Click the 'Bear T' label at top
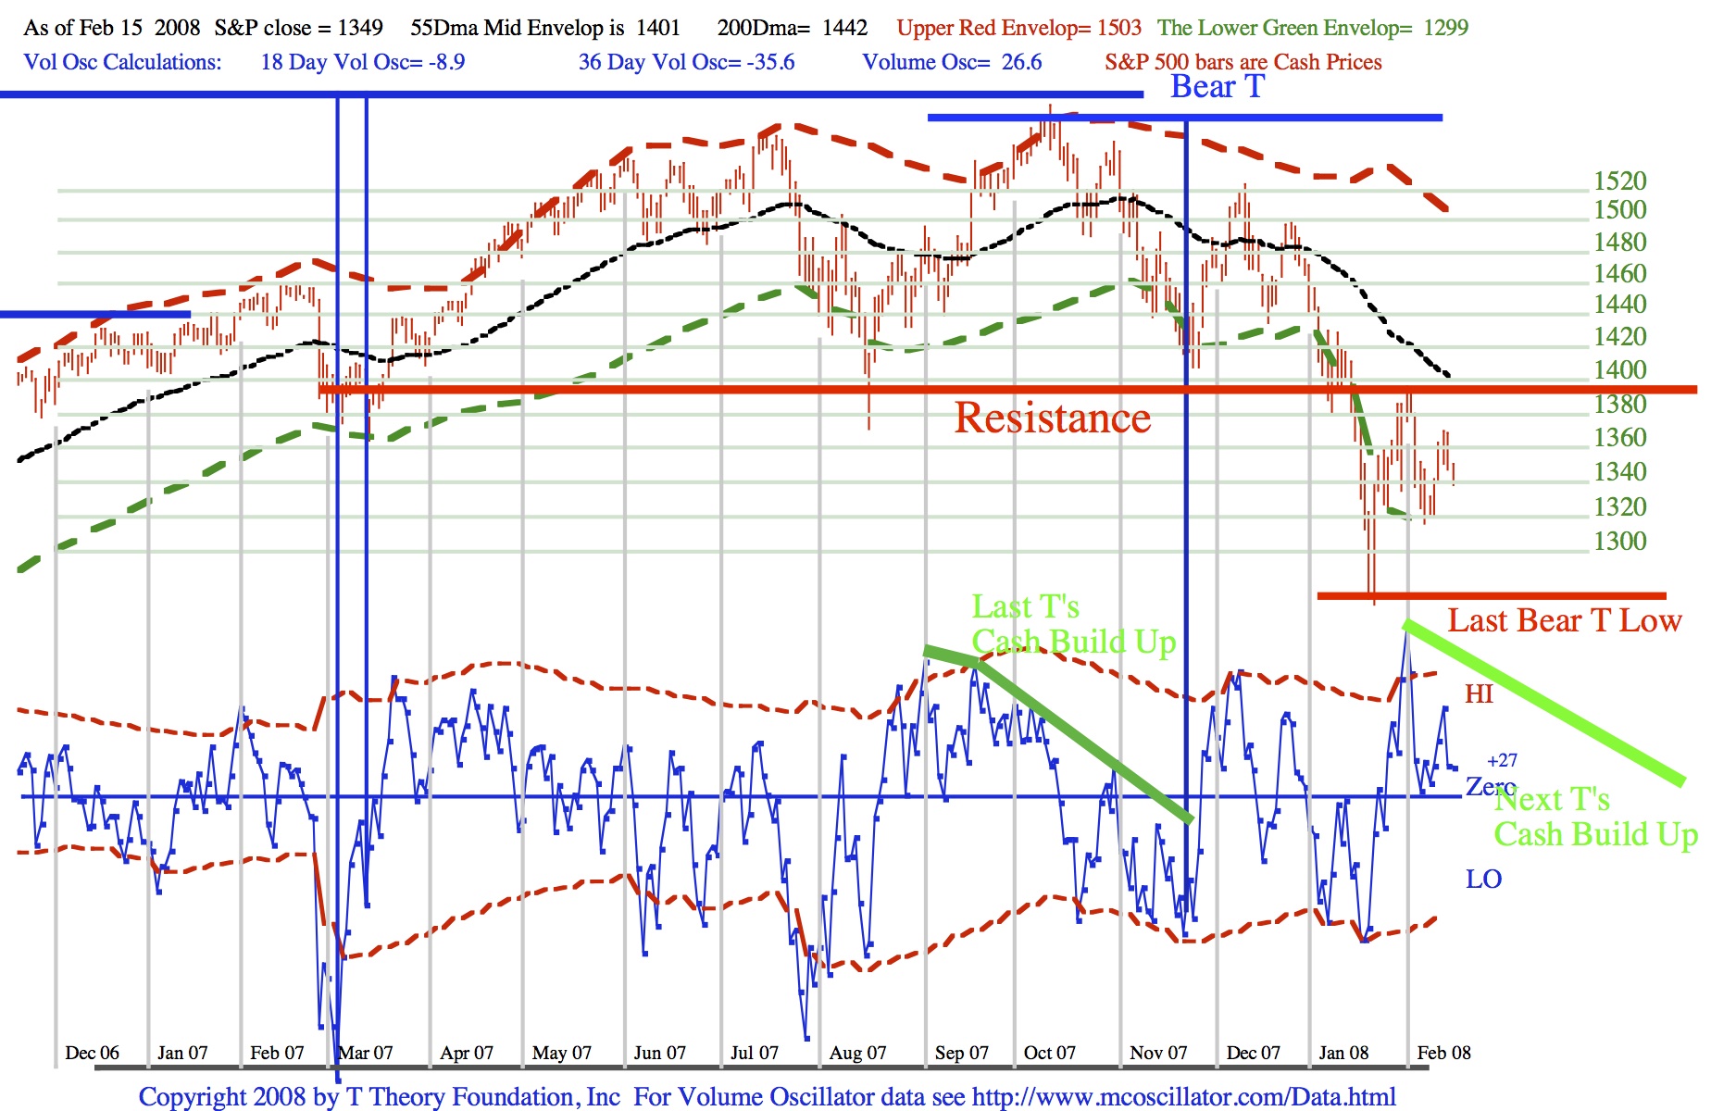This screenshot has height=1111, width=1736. pyautogui.click(x=1217, y=87)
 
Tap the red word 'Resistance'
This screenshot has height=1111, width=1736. pyautogui.click(x=1053, y=418)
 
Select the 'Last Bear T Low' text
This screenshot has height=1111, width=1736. pyautogui.click(x=1564, y=620)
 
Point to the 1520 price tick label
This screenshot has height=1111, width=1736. pyautogui.click(x=1619, y=181)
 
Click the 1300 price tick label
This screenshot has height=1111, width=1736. pyautogui.click(x=1619, y=542)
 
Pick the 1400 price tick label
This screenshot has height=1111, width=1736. pyautogui.click(x=1619, y=370)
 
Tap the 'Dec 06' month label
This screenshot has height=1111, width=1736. pyautogui.click(x=92, y=1053)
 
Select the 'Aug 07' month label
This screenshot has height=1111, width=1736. pyautogui.click(x=857, y=1053)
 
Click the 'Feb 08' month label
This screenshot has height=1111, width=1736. pyautogui.click(x=1443, y=1053)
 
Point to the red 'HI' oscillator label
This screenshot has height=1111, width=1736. pyautogui.click(x=1479, y=694)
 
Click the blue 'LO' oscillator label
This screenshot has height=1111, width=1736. pyautogui.click(x=1483, y=880)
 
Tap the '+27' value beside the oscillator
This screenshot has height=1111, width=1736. pyautogui.click(x=1502, y=761)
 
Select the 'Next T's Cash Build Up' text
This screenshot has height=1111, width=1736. pyautogui.click(x=1595, y=817)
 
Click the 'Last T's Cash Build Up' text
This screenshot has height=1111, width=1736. pyautogui.click(x=1073, y=624)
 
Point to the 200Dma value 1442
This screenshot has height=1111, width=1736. pyautogui.click(x=844, y=28)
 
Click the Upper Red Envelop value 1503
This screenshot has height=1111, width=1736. pyautogui.click(x=1119, y=28)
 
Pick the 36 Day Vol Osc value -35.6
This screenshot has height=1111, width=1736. pyautogui.click(x=770, y=62)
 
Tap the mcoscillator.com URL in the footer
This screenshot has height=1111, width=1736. pyautogui.click(x=1183, y=1097)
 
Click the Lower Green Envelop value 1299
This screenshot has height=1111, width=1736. pyautogui.click(x=1445, y=28)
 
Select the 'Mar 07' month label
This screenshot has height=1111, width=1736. pyautogui.click(x=366, y=1053)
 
